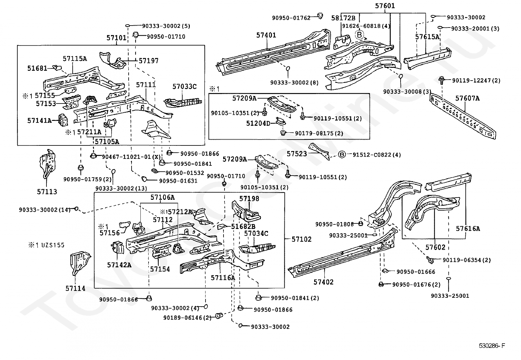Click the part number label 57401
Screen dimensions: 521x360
(266, 35)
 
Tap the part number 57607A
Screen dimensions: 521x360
(467, 98)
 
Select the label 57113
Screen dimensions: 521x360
(47, 192)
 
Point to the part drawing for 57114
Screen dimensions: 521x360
(80, 263)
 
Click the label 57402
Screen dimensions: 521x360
(323, 282)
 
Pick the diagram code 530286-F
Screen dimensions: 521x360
(492, 346)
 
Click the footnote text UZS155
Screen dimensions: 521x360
(53, 245)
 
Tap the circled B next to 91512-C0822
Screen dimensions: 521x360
(342, 154)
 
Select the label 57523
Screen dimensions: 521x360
(297, 154)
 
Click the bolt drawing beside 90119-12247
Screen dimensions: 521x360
(441, 80)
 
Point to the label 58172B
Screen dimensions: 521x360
(343, 18)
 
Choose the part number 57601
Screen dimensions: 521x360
(385, 6)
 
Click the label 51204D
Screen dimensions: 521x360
(258, 123)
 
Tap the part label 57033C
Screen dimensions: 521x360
(185, 86)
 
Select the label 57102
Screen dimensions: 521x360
(301, 239)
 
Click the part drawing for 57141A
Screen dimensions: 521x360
(63, 120)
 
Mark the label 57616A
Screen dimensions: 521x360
(468, 229)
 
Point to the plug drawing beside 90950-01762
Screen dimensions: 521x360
(320, 16)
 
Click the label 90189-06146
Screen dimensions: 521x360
(183, 318)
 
